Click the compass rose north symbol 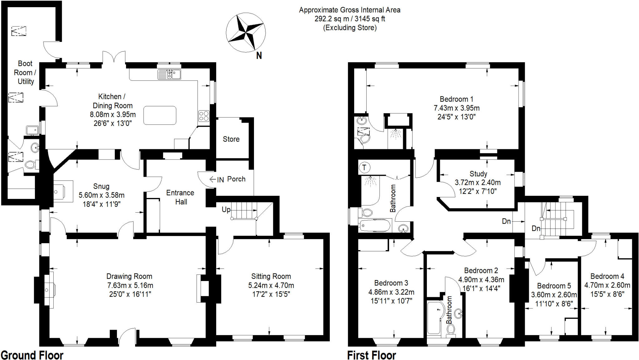pyautogui.click(x=259, y=56)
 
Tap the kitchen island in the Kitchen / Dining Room pyautogui.click(x=160, y=115)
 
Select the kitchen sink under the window pyautogui.click(x=169, y=74)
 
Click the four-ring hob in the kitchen pyautogui.click(x=204, y=116)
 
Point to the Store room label pyautogui.click(x=231, y=139)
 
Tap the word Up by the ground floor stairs pyautogui.click(x=226, y=210)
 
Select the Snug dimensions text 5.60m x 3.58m pyautogui.click(x=101, y=195)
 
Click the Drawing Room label pyautogui.click(x=129, y=276)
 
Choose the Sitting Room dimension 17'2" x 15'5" pyautogui.click(x=271, y=294)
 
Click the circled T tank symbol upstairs pyautogui.click(x=364, y=168)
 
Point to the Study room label pyautogui.click(x=478, y=174)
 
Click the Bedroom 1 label pyautogui.click(x=456, y=99)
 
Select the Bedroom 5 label pyautogui.click(x=554, y=286)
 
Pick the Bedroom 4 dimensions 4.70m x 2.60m pyautogui.click(x=607, y=285)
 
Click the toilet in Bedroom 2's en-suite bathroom pyautogui.click(x=451, y=329)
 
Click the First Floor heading pyautogui.click(x=371, y=355)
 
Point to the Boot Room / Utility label pyautogui.click(x=25, y=72)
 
